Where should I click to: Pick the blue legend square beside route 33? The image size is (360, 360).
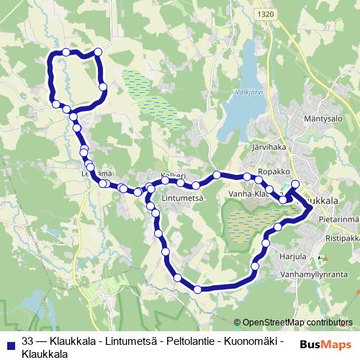(x=9, y=341)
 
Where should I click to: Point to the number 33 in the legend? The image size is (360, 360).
(x=28, y=341)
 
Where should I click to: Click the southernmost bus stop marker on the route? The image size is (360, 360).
(x=198, y=289)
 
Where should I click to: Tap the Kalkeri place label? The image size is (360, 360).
(x=174, y=176)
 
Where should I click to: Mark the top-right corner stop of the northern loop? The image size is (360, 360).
(x=99, y=52)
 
